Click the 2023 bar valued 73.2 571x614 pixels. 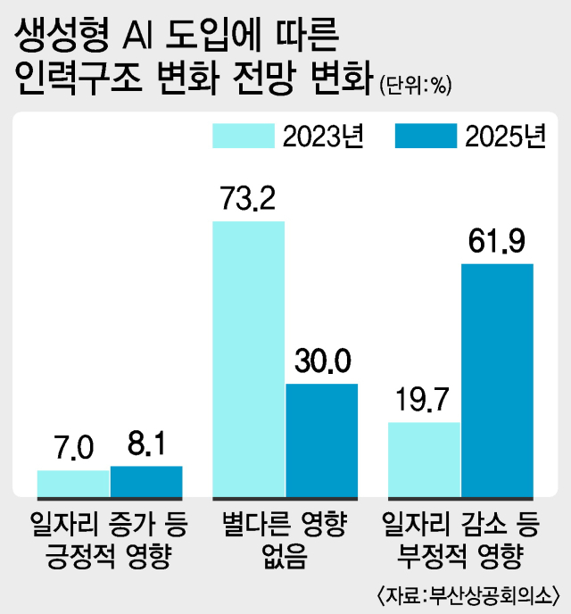[248, 358]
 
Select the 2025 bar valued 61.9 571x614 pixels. [497, 379]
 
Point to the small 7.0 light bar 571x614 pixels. [73, 483]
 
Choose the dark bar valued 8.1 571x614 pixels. [146, 480]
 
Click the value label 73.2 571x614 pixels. [248, 200]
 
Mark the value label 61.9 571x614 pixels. [497, 242]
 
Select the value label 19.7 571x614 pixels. [425, 401]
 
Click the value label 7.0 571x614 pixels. [73, 448]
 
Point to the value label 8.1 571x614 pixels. [145, 444]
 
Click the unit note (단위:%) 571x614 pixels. [417, 87]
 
